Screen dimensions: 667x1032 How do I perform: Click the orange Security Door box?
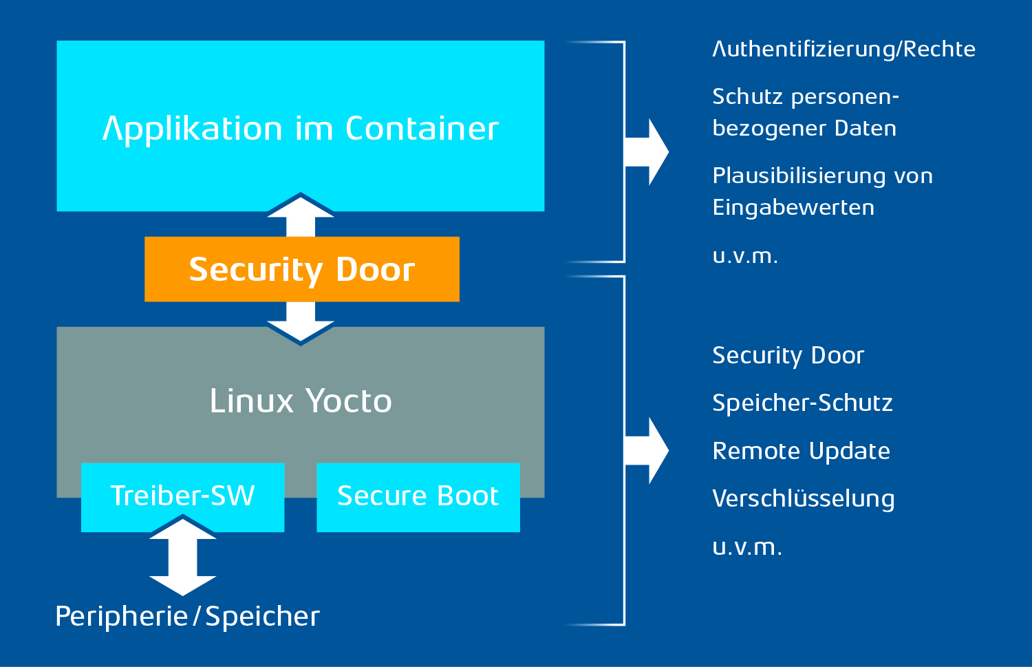coord(301,269)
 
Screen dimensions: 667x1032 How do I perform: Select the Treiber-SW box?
coord(182,496)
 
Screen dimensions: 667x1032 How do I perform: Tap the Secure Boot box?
coord(418,496)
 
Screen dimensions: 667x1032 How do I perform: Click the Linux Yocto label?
coord(301,401)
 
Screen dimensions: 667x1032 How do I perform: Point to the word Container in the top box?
coord(422,129)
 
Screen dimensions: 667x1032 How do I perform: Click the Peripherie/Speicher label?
coord(187,616)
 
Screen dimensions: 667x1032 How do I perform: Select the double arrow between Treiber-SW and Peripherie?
coord(183,556)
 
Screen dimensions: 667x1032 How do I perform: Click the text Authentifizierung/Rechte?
coord(843,50)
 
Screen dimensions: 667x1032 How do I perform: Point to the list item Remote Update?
coord(801,451)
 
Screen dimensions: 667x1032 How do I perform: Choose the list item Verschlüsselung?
coord(803,499)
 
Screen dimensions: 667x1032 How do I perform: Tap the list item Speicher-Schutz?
coord(802,403)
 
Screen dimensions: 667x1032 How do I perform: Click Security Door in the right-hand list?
coord(788,355)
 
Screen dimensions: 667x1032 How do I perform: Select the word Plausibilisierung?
coord(799,176)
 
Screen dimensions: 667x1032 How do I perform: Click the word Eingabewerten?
coord(793,207)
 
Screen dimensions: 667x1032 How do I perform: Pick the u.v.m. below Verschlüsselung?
coord(747,547)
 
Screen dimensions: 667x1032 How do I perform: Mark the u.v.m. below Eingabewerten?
coord(745,256)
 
